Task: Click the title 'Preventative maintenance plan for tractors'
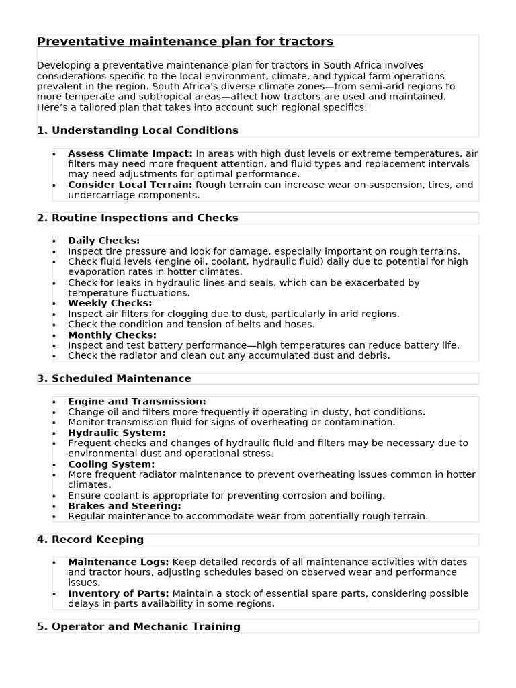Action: pos(185,42)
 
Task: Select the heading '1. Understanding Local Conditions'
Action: pos(138,130)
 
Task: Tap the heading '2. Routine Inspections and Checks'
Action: pos(138,218)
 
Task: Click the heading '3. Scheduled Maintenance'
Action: pos(114,378)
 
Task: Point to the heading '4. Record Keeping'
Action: pos(90,540)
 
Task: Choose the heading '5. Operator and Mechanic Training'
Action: pos(138,626)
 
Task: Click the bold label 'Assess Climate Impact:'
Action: pos(130,154)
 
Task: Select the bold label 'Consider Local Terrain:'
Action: pos(130,185)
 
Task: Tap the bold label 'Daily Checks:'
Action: pos(103,241)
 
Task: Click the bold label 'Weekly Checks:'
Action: pos(110,303)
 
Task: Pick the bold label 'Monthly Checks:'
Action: pos(112,335)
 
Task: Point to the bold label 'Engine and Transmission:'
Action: pos(136,401)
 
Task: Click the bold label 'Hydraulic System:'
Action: pos(116,433)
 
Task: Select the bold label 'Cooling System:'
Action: pos(111,464)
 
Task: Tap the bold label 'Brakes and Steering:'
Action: pos(124,505)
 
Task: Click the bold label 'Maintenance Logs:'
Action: pos(118,562)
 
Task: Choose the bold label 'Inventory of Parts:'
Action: pos(118,593)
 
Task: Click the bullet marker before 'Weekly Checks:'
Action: pos(54,304)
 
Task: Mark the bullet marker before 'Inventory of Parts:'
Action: pos(54,594)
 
